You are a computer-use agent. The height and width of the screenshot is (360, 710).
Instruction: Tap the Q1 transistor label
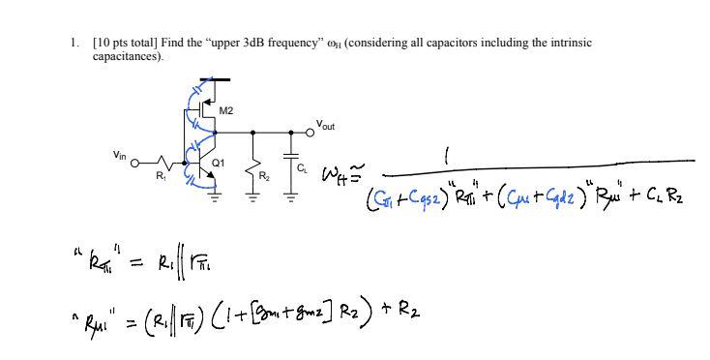[x=219, y=164]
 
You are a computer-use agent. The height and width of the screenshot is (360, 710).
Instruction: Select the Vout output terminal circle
[x=310, y=133]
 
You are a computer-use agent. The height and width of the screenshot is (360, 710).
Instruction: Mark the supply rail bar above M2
[x=215, y=80]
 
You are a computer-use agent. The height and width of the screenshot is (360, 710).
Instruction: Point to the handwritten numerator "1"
[x=446, y=154]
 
